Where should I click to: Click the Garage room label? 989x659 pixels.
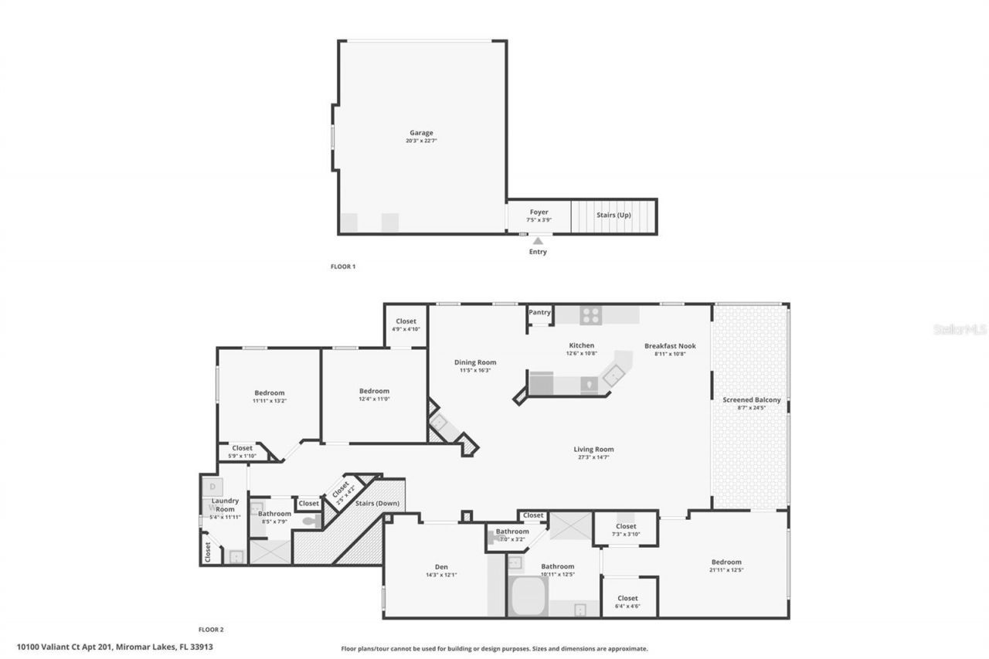click(x=421, y=133)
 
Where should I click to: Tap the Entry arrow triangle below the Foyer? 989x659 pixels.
click(x=538, y=241)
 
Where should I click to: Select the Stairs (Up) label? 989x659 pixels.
click(x=613, y=215)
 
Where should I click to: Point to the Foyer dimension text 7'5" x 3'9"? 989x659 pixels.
click(x=539, y=220)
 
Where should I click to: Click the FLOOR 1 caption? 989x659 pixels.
click(x=343, y=267)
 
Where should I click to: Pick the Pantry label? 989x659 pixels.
click(x=539, y=312)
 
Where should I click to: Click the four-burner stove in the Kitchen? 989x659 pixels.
click(x=591, y=314)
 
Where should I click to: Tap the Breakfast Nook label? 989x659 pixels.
click(x=670, y=345)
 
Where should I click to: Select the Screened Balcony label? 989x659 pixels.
click(x=751, y=399)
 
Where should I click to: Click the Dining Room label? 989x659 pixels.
click(x=474, y=362)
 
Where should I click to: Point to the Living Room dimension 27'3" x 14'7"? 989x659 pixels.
click(x=593, y=457)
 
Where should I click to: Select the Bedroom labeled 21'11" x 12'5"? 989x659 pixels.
click(x=726, y=562)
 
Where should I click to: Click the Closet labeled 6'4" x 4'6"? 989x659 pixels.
click(x=627, y=598)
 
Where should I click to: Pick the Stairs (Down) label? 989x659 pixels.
click(x=377, y=504)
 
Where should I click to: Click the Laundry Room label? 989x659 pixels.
click(x=225, y=505)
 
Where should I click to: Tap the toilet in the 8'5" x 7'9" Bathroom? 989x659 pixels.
click(x=311, y=521)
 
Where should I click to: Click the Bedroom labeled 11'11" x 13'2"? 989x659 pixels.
click(x=269, y=392)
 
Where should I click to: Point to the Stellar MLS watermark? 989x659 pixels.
click(x=960, y=329)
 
